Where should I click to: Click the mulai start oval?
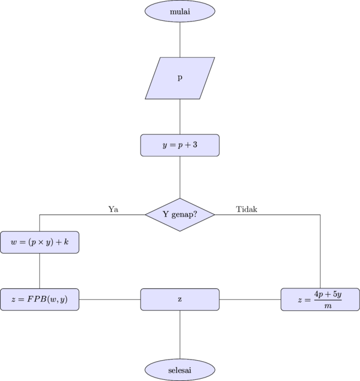(179, 11)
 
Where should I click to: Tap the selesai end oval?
(179, 369)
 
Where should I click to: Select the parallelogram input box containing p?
(179, 78)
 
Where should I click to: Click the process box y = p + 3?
(179, 145)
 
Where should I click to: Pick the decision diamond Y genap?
(179, 214)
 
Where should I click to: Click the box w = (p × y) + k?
(39, 242)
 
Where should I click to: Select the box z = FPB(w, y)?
(39, 299)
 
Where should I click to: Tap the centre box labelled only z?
(179, 299)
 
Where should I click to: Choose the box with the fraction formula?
(320, 299)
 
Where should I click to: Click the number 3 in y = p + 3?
(195, 145)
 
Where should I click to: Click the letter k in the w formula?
(66, 242)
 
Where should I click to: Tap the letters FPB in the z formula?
(36, 299)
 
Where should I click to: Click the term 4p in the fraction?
(318, 294)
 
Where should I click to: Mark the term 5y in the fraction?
(337, 294)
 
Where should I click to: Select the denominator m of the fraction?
(328, 305)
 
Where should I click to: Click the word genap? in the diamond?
(185, 215)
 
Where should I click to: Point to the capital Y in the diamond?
(166, 214)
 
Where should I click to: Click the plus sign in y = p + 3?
(187, 145)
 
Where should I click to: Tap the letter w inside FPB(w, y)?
(53, 299)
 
